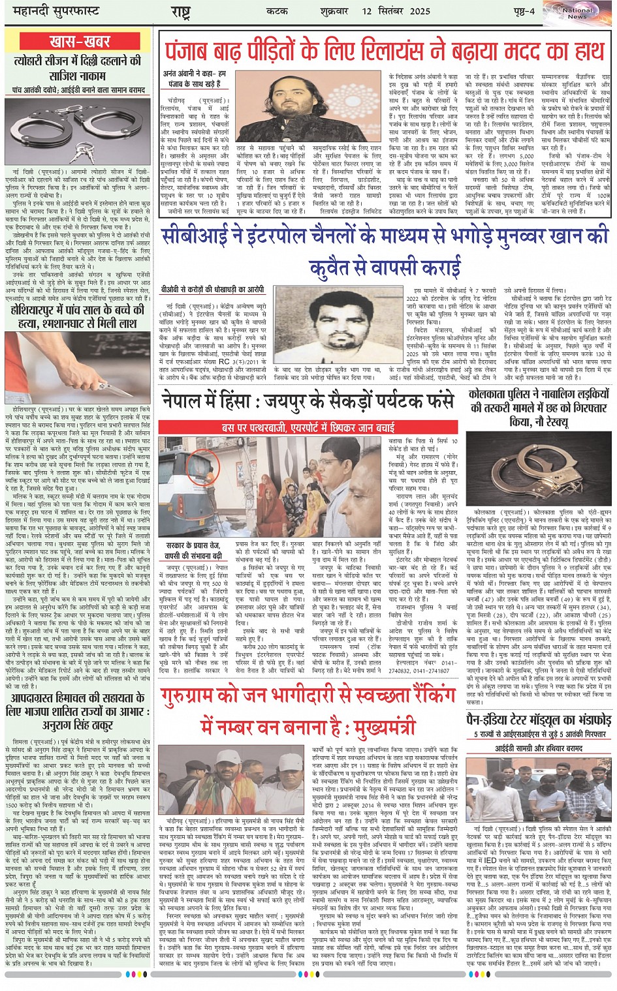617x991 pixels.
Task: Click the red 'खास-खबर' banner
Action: (x=80, y=41)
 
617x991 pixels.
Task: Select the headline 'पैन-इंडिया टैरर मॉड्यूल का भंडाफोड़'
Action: (x=539, y=720)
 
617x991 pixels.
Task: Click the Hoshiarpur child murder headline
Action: (x=80, y=316)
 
